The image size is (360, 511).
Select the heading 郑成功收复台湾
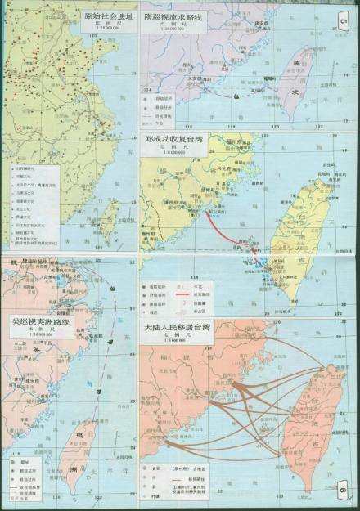[x=172, y=140]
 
